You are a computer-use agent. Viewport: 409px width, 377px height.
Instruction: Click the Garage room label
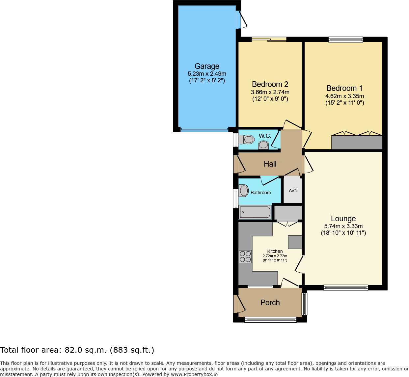[x=207, y=66]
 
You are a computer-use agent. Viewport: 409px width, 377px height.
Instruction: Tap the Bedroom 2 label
[x=270, y=84]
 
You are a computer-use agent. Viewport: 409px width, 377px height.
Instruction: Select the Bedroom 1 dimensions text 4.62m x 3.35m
[x=344, y=96]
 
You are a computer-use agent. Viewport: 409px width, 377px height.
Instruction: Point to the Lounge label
[x=343, y=219]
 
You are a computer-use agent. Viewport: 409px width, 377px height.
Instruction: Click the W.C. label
[x=265, y=136]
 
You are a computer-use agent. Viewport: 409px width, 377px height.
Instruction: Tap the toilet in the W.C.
[x=247, y=140]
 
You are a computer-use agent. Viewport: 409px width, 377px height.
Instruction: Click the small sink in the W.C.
[x=263, y=145]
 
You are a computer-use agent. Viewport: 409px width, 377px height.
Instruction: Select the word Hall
[x=270, y=164]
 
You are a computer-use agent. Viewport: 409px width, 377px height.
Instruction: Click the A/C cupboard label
[x=292, y=191]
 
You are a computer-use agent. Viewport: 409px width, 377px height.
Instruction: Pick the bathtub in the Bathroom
[x=255, y=212]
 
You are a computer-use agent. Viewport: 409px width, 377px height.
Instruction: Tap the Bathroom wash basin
[x=244, y=191]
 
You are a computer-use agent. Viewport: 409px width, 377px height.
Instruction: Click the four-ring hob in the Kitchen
[x=245, y=256]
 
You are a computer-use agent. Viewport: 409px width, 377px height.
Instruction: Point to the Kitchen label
[x=275, y=251]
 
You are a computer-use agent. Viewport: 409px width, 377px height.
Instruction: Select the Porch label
[x=270, y=303]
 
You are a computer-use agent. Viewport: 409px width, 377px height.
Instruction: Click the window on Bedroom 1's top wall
[x=345, y=40]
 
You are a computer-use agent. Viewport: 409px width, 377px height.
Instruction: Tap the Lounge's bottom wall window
[x=345, y=287]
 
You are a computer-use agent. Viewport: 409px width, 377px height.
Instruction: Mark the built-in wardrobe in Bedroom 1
[x=357, y=142]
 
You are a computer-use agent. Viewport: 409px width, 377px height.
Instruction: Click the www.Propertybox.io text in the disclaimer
[x=194, y=374]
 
